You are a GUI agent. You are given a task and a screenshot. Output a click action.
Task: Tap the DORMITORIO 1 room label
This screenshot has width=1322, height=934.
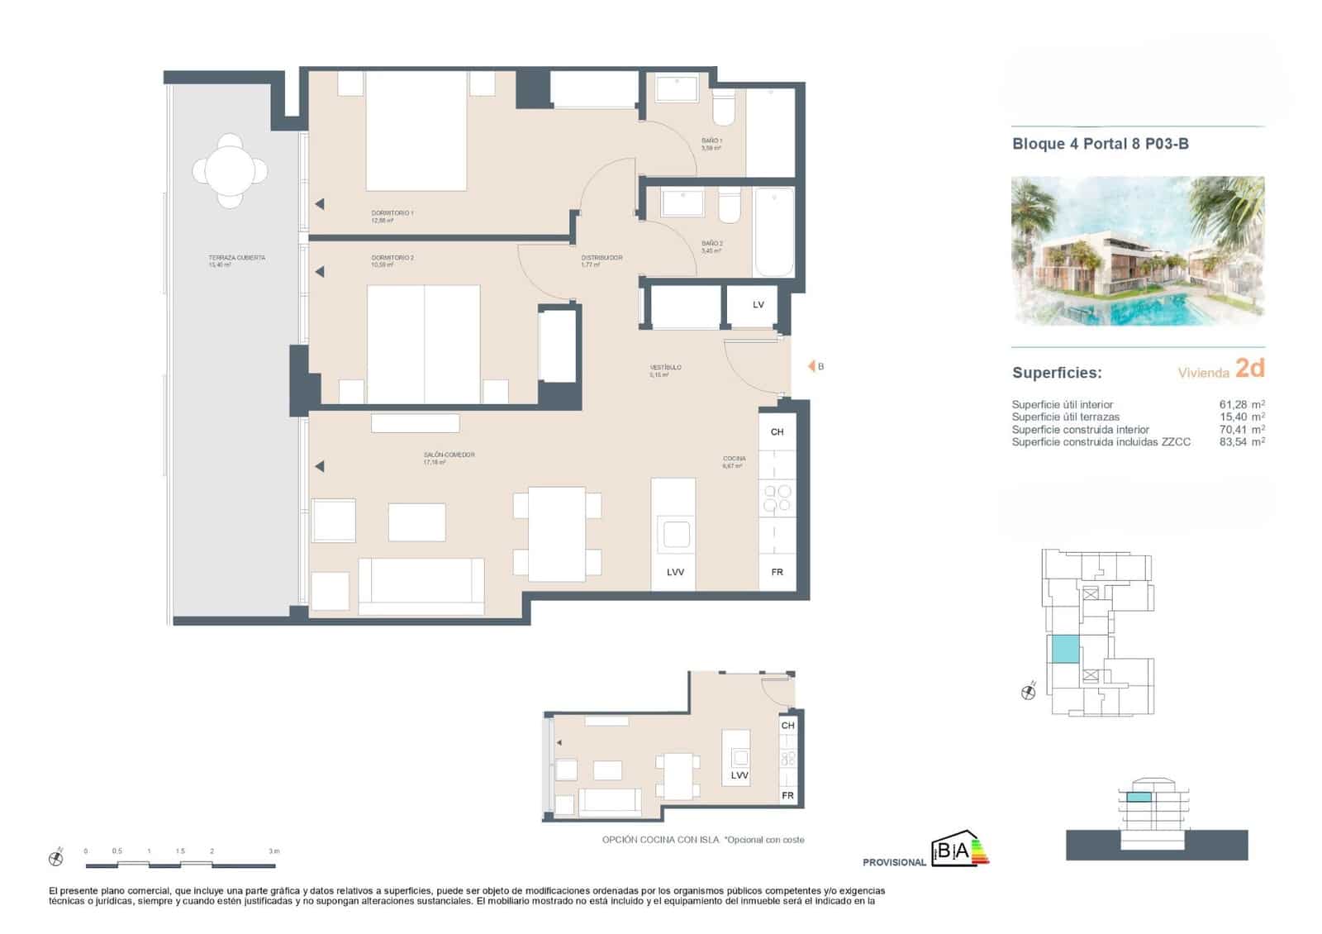coord(392,213)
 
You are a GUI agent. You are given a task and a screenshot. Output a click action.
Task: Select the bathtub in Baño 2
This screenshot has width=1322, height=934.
coord(774,231)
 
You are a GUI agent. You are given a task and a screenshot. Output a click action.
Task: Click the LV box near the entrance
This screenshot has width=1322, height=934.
coord(758,305)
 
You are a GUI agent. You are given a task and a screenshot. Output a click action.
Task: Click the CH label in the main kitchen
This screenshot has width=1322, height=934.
coord(777,432)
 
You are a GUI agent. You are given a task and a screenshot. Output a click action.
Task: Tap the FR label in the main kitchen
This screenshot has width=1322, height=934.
coord(777,572)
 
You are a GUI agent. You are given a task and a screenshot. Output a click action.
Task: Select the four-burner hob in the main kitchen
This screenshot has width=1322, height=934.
coord(777,498)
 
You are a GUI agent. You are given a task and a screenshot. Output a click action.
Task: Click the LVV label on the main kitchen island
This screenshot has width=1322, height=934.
coord(675,572)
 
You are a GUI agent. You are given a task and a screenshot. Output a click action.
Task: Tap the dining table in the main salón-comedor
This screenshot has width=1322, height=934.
coord(557,534)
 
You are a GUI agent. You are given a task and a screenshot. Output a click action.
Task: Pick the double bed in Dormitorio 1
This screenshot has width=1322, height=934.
coord(416,132)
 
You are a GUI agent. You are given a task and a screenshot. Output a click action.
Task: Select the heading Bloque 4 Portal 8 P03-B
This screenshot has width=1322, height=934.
coord(1100,144)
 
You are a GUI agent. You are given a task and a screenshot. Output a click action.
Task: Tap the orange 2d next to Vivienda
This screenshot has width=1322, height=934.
coord(1249,368)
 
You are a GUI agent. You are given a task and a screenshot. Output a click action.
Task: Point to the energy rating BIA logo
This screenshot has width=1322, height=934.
coord(958,851)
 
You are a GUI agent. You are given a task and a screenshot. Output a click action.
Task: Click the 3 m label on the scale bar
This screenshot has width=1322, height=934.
coord(273,851)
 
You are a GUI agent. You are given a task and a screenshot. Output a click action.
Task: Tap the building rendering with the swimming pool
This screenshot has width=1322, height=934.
coord(1138,250)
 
